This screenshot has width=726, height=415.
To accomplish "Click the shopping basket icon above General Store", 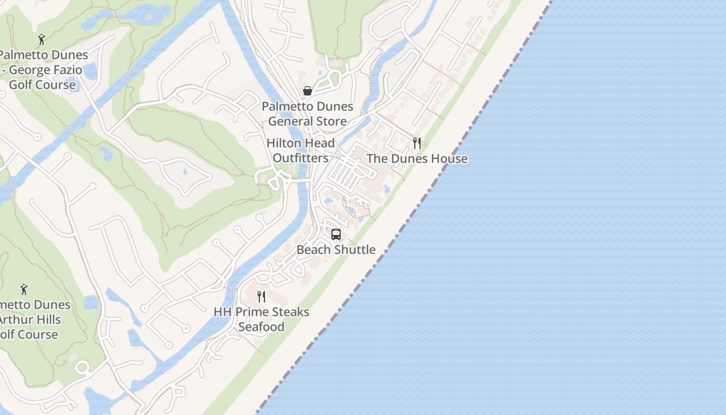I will coord(308,91).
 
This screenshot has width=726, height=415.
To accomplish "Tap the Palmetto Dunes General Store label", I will coord(308,114).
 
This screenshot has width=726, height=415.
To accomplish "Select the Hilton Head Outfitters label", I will coord(301,150).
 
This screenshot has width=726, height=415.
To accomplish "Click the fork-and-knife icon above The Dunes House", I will coord(416,143).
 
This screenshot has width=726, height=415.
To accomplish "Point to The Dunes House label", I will coord(417,159).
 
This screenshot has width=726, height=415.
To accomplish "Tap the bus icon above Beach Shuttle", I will coord(336,234).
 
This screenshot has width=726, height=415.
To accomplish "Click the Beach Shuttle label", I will coord(336,250).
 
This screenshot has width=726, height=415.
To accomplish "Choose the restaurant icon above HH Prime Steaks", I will coord(261,297).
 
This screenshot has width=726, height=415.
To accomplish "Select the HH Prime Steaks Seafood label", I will coord(261,319).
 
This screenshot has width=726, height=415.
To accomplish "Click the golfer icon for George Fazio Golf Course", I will coord(41,39).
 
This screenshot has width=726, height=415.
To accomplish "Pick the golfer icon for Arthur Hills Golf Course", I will coord(24,289).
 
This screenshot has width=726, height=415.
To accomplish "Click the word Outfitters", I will coord(301,158).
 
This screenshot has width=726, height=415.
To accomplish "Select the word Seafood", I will coord(261,327).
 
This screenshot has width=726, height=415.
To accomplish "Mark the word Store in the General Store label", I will coord(330,121).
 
